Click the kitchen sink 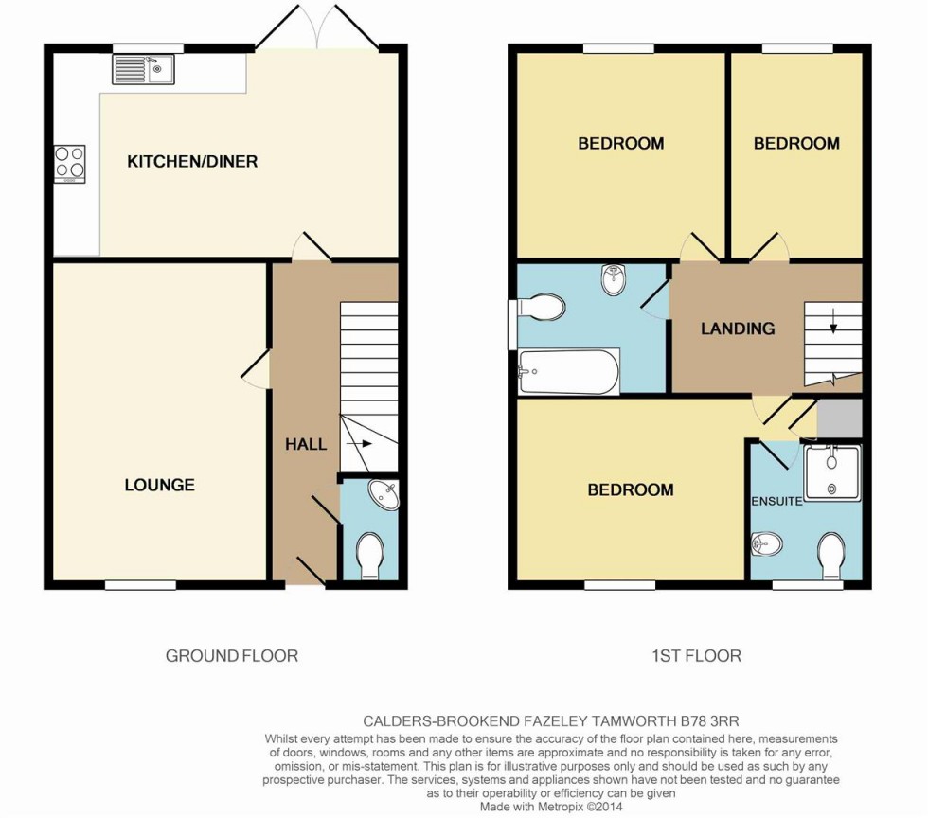tap(142, 69)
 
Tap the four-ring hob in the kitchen tap(69, 163)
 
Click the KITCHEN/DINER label tap(192, 162)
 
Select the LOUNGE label tap(159, 486)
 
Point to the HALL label tap(306, 444)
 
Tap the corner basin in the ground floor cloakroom tap(386, 495)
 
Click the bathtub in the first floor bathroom tap(568, 372)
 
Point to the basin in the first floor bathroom tap(615, 278)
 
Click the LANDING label tap(738, 329)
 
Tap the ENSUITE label tap(776, 501)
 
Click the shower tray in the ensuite tap(831, 471)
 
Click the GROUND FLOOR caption tap(232, 655)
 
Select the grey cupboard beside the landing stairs tap(839, 418)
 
